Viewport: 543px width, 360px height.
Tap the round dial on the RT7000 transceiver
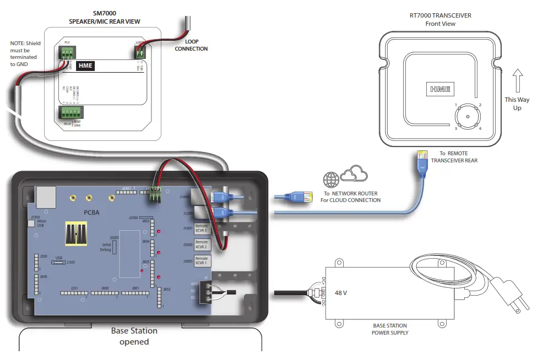pos(468,117)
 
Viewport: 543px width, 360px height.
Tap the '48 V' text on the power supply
pos(341,293)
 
